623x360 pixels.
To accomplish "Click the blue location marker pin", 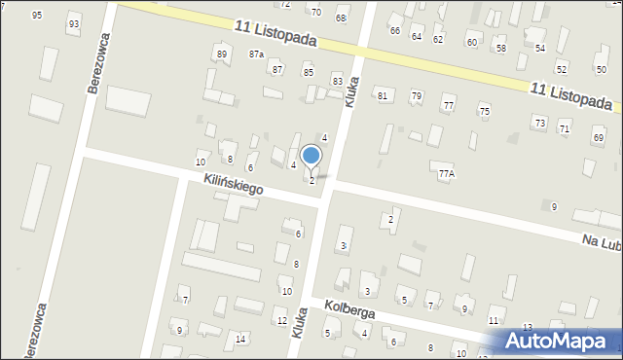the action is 311,156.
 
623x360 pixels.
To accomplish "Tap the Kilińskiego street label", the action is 235,184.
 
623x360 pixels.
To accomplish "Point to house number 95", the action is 37,16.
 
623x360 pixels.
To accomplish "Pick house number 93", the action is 74,23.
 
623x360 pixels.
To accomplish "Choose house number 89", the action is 222,54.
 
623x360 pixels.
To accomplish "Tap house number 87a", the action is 256,54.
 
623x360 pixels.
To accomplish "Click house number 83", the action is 337,81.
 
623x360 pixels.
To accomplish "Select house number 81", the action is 383,95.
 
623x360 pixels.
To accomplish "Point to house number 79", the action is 416,95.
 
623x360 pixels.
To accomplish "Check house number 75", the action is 484,112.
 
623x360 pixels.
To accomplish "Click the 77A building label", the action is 446,174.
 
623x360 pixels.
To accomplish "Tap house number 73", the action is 539,123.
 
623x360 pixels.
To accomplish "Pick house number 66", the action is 395,31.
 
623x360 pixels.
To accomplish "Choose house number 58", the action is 500,48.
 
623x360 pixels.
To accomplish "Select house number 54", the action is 539,48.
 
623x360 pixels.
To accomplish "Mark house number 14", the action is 240,339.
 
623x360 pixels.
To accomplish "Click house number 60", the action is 472,43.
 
